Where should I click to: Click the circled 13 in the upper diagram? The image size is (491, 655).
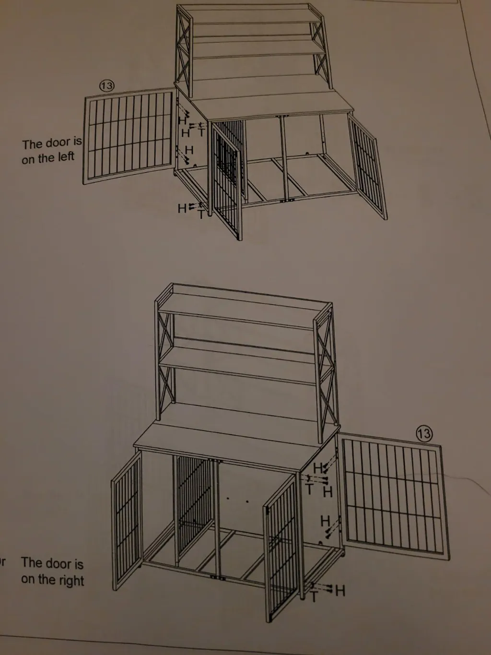pyautogui.click(x=106, y=86)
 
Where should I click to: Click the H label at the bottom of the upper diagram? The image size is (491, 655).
pyautogui.click(x=182, y=208)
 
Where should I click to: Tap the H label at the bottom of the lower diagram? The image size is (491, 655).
pyautogui.click(x=340, y=589)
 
